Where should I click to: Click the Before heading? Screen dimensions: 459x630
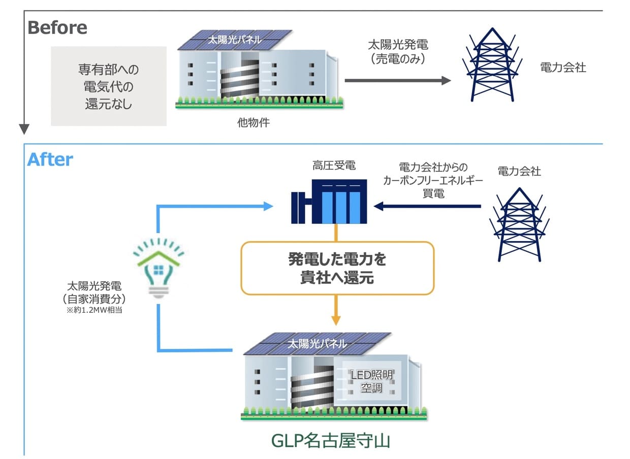(57, 27)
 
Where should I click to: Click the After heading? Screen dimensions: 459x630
(50, 159)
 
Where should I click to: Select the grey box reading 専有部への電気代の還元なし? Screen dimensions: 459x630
(109, 86)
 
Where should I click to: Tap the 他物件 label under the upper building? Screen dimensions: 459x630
(253, 122)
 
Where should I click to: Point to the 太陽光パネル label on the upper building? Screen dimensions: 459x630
(234, 40)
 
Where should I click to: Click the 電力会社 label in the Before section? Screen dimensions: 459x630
(563, 68)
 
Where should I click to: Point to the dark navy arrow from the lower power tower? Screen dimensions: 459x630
(427, 206)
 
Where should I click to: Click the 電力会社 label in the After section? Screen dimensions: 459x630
(519, 171)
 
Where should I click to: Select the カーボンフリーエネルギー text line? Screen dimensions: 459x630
(433, 180)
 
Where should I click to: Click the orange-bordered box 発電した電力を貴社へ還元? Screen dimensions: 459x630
(337, 268)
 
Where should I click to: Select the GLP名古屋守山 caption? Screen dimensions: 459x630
(331, 440)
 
